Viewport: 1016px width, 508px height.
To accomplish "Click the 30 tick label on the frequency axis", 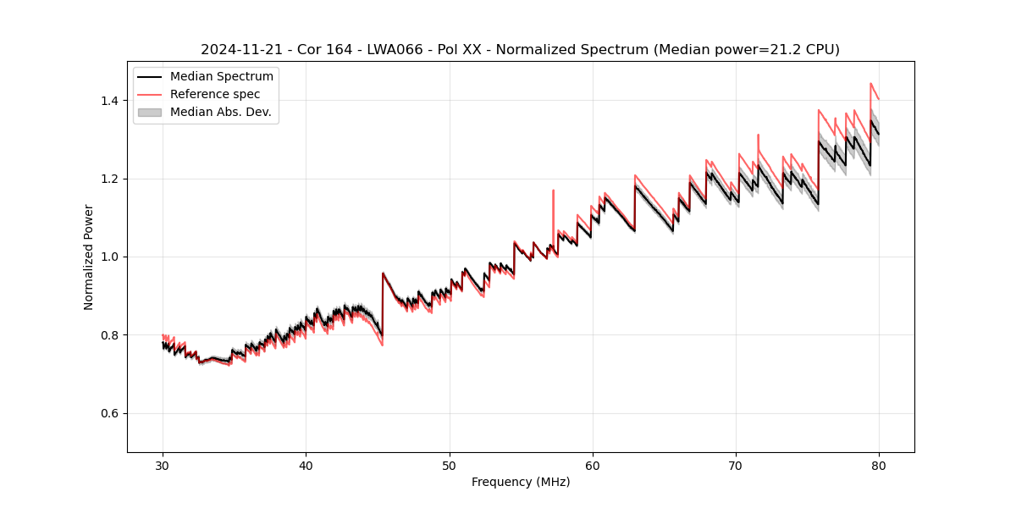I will pyautogui.click(x=163, y=466).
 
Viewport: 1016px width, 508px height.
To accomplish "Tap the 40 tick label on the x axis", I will pyautogui.click(x=306, y=466).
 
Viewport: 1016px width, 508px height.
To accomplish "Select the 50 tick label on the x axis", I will pyautogui.click(x=450, y=466).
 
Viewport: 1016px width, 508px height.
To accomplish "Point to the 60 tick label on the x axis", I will pyautogui.click(x=593, y=466).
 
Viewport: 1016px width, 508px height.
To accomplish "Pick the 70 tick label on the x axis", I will pyautogui.click(x=736, y=466).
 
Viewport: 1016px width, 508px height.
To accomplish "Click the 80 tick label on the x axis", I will pyautogui.click(x=879, y=466).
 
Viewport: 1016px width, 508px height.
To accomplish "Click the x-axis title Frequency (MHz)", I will pyautogui.click(x=521, y=482).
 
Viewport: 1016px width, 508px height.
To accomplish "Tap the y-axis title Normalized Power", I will pyautogui.click(x=88, y=257).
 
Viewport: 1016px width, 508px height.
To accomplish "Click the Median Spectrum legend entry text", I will pyautogui.click(x=222, y=77).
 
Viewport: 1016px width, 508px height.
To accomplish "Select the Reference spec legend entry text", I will pyautogui.click(x=215, y=94).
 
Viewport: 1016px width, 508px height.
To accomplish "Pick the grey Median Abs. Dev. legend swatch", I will pyautogui.click(x=150, y=112).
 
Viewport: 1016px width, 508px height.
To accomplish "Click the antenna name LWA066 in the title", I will pyautogui.click(x=395, y=50).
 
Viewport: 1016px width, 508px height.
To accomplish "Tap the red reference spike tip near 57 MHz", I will pyautogui.click(x=554, y=190).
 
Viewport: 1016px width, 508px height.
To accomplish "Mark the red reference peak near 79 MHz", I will pyautogui.click(x=870, y=83).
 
